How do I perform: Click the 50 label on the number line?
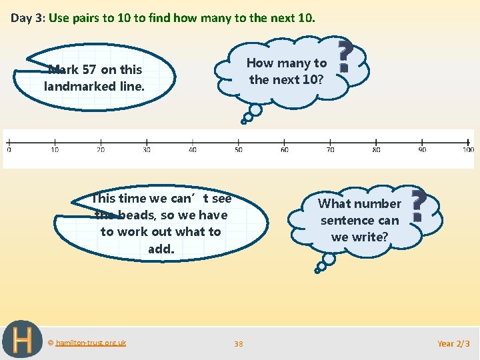click(x=238, y=150)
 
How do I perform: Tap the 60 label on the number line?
click(x=284, y=150)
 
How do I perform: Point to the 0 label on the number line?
click(x=9, y=150)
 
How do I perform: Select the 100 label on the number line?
click(x=468, y=150)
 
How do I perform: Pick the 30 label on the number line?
click(x=146, y=150)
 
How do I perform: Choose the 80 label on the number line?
click(x=376, y=150)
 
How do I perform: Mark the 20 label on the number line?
click(x=100, y=150)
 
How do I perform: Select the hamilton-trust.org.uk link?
click(x=91, y=343)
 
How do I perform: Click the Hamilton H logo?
click(x=22, y=340)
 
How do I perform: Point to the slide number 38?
click(x=239, y=344)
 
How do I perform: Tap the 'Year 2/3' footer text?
click(x=453, y=343)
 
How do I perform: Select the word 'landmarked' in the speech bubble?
click(x=79, y=86)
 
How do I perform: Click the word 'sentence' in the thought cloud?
click(x=359, y=220)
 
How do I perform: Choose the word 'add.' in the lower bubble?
click(x=161, y=249)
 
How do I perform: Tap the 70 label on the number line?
click(x=330, y=150)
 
